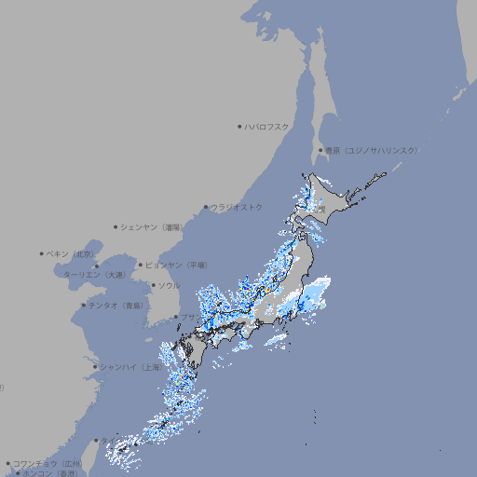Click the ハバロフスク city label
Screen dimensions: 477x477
pyautogui.click(x=267, y=126)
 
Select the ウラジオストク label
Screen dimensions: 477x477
pyautogui.click(x=237, y=207)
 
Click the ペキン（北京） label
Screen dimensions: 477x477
pyautogui.click(x=71, y=253)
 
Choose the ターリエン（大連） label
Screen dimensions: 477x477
pyautogui.click(x=93, y=276)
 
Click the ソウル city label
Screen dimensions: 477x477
pyautogui.click(x=168, y=285)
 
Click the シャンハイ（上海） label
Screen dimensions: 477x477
pyautogui.click(x=129, y=367)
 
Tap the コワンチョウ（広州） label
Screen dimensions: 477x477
pyautogui.click(x=47, y=463)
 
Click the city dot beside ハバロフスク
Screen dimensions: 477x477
pyautogui.click(x=239, y=126)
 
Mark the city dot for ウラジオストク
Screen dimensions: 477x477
pyautogui.click(x=206, y=207)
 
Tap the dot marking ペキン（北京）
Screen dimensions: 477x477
pyautogui.click(x=42, y=253)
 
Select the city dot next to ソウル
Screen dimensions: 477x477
pyautogui.click(x=153, y=285)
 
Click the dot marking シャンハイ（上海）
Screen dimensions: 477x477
pyautogui.click(x=95, y=367)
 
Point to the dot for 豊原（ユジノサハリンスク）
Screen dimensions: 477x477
pyautogui.click(x=320, y=150)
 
